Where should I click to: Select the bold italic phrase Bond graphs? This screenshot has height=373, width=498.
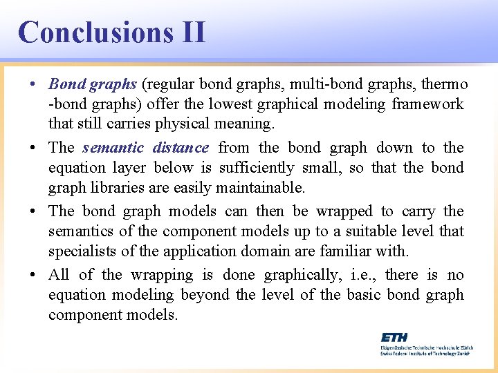93,84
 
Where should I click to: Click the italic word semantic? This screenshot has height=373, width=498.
113,147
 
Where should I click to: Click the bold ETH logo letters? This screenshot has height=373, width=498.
394,337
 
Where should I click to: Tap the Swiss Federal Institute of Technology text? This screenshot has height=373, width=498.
425,352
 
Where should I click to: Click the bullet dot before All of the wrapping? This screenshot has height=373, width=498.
34,276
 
